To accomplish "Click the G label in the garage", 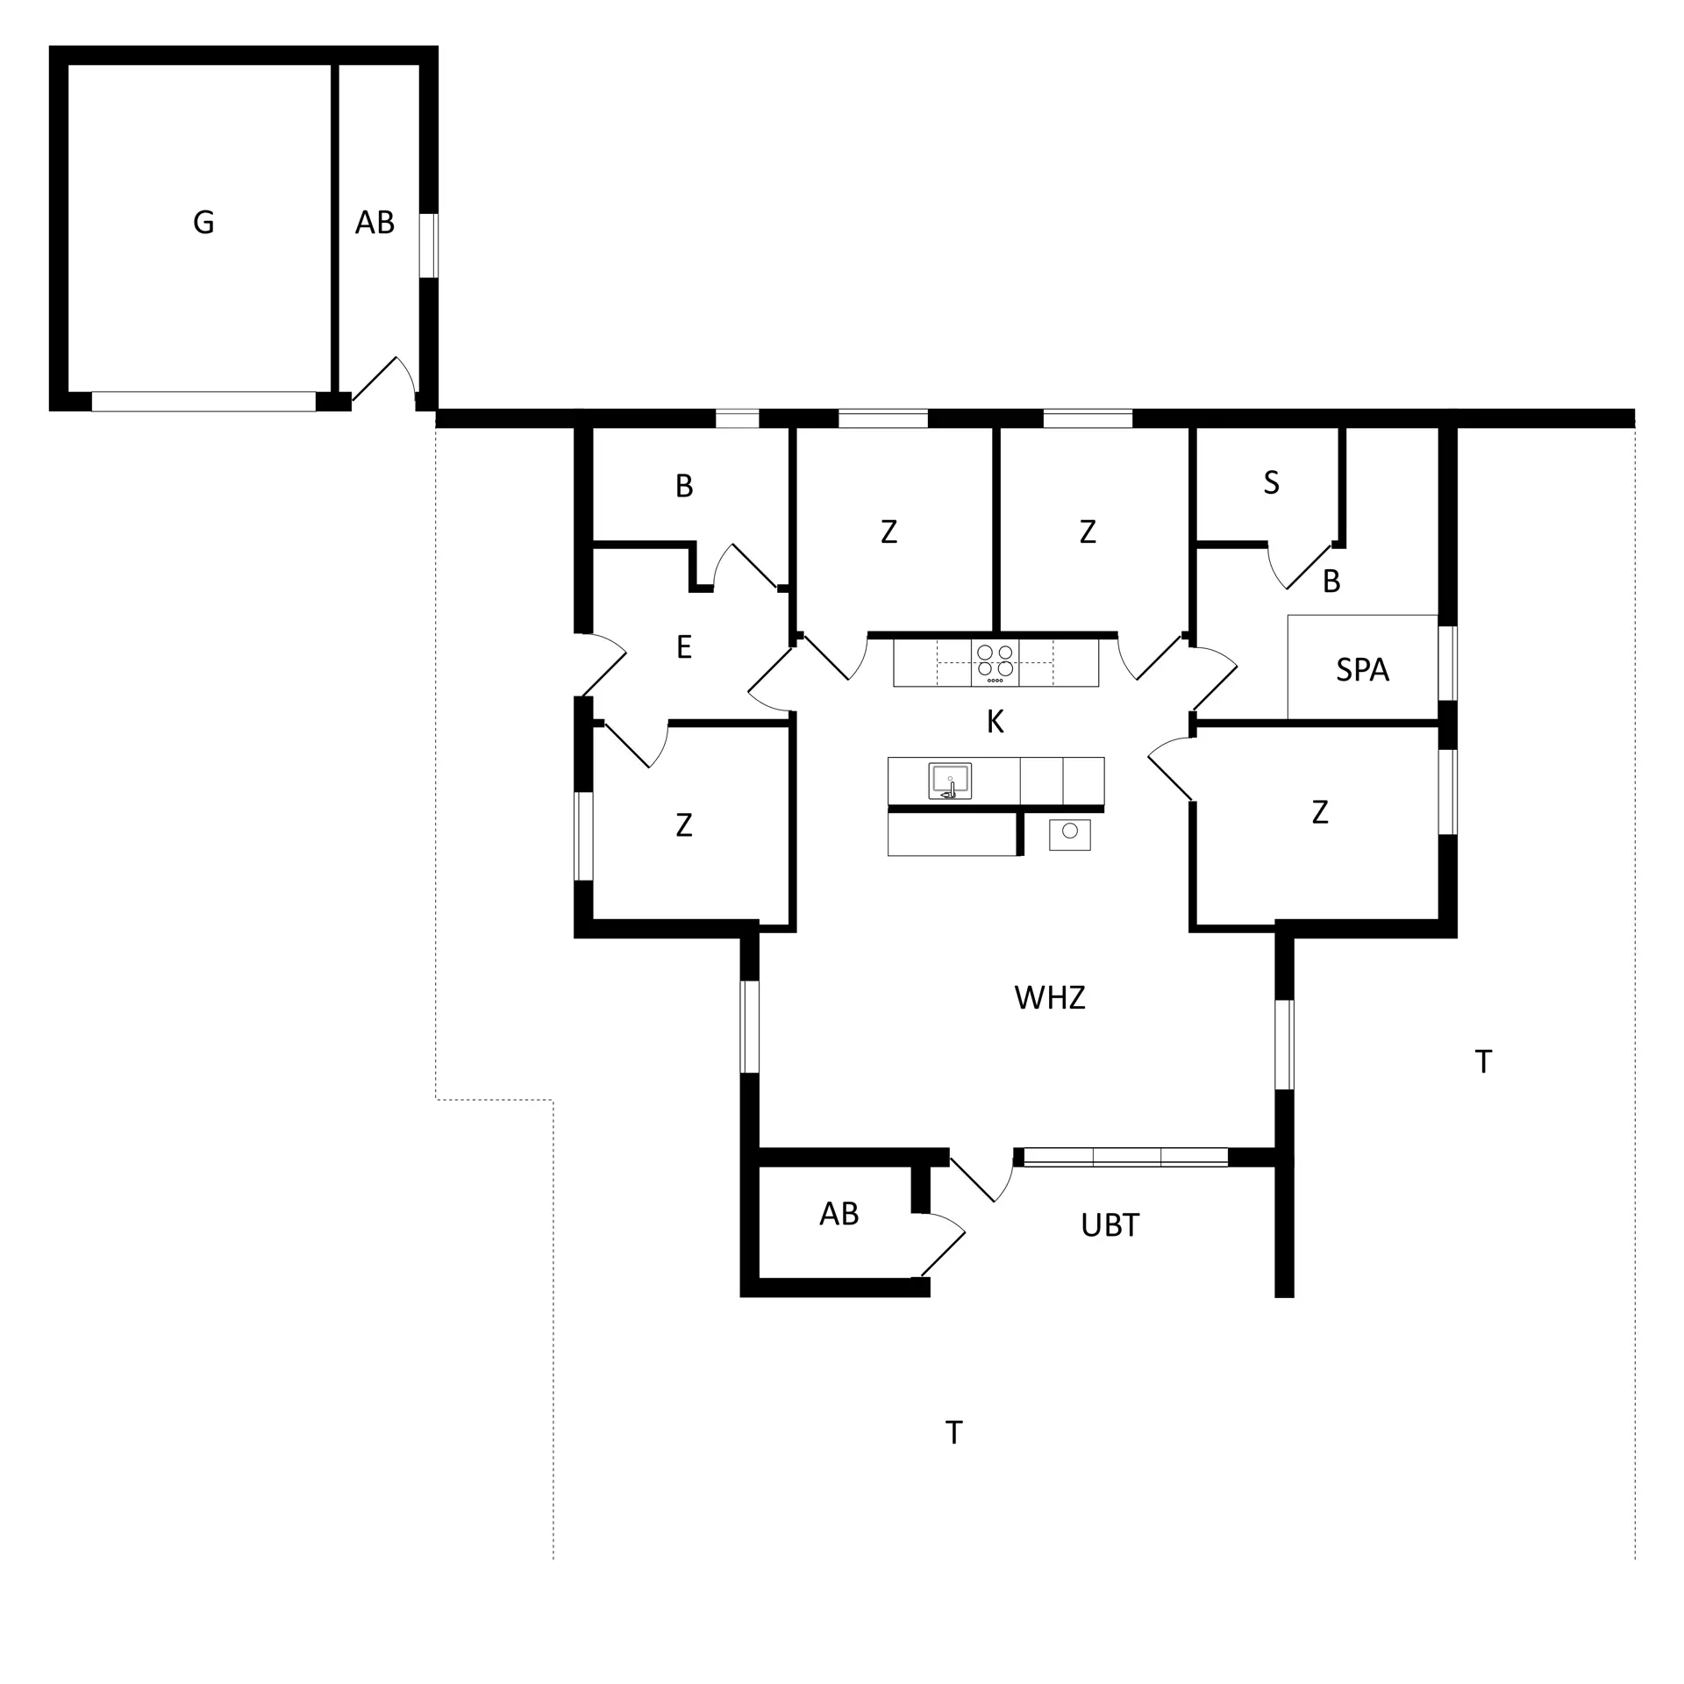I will pyautogui.click(x=203, y=223).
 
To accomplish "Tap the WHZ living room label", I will pyautogui.click(x=1049, y=998).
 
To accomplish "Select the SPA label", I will pyautogui.click(x=1362, y=670).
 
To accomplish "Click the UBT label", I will pyautogui.click(x=1110, y=1225).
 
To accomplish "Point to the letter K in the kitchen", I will pyautogui.click(x=995, y=722).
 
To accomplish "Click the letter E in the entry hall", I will pyautogui.click(x=684, y=647).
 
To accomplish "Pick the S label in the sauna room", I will pyautogui.click(x=1271, y=482).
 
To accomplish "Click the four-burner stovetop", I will pyautogui.click(x=995, y=663).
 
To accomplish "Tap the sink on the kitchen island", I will pyautogui.click(x=950, y=781).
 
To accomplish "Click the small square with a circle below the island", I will pyautogui.click(x=1069, y=834).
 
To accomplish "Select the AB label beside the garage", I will pyautogui.click(x=375, y=224).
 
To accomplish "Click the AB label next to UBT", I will pyautogui.click(x=838, y=1214).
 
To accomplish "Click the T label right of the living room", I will pyautogui.click(x=1483, y=1062).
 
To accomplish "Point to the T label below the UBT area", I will pyautogui.click(x=953, y=1433).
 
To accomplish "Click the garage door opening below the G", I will pyautogui.click(x=203, y=402).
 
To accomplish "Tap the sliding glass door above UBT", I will pyautogui.click(x=1125, y=1157).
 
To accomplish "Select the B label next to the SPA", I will pyautogui.click(x=1331, y=581).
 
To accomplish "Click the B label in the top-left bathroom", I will pyautogui.click(x=684, y=486).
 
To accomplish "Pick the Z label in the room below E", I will pyautogui.click(x=684, y=824).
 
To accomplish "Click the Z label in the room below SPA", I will pyautogui.click(x=1319, y=812).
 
